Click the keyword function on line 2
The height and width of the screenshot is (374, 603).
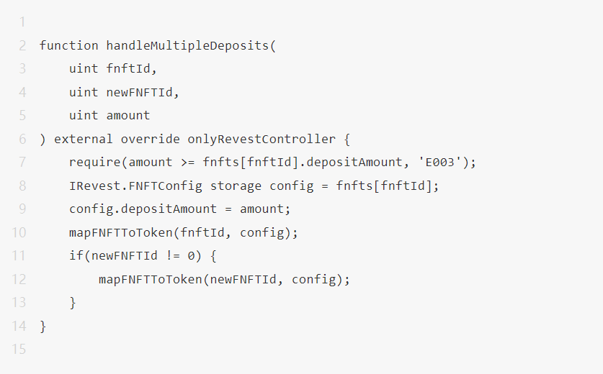(69, 45)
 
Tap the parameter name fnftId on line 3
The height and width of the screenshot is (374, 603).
(128, 69)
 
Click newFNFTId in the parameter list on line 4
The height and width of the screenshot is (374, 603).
(139, 92)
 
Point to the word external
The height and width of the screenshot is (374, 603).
(84, 139)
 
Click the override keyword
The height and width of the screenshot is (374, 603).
(151, 139)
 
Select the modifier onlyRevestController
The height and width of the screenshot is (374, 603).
(262, 139)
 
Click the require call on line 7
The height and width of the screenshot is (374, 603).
(95, 163)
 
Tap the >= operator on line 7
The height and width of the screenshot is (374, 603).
(187, 163)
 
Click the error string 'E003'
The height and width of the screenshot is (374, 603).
(440, 162)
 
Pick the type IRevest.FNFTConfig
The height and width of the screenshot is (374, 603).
(135, 186)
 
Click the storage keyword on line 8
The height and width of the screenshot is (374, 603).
(236, 186)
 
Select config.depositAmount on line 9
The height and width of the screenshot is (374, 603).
(143, 209)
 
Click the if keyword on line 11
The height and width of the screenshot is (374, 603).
(76, 256)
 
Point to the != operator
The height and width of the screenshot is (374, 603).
(173, 256)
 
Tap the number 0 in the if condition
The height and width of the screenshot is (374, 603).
(191, 256)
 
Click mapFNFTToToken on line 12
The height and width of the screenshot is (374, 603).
(151, 279)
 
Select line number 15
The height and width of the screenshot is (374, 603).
(19, 349)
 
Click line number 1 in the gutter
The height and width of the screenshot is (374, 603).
(22, 22)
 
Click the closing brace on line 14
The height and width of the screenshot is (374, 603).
(43, 327)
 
